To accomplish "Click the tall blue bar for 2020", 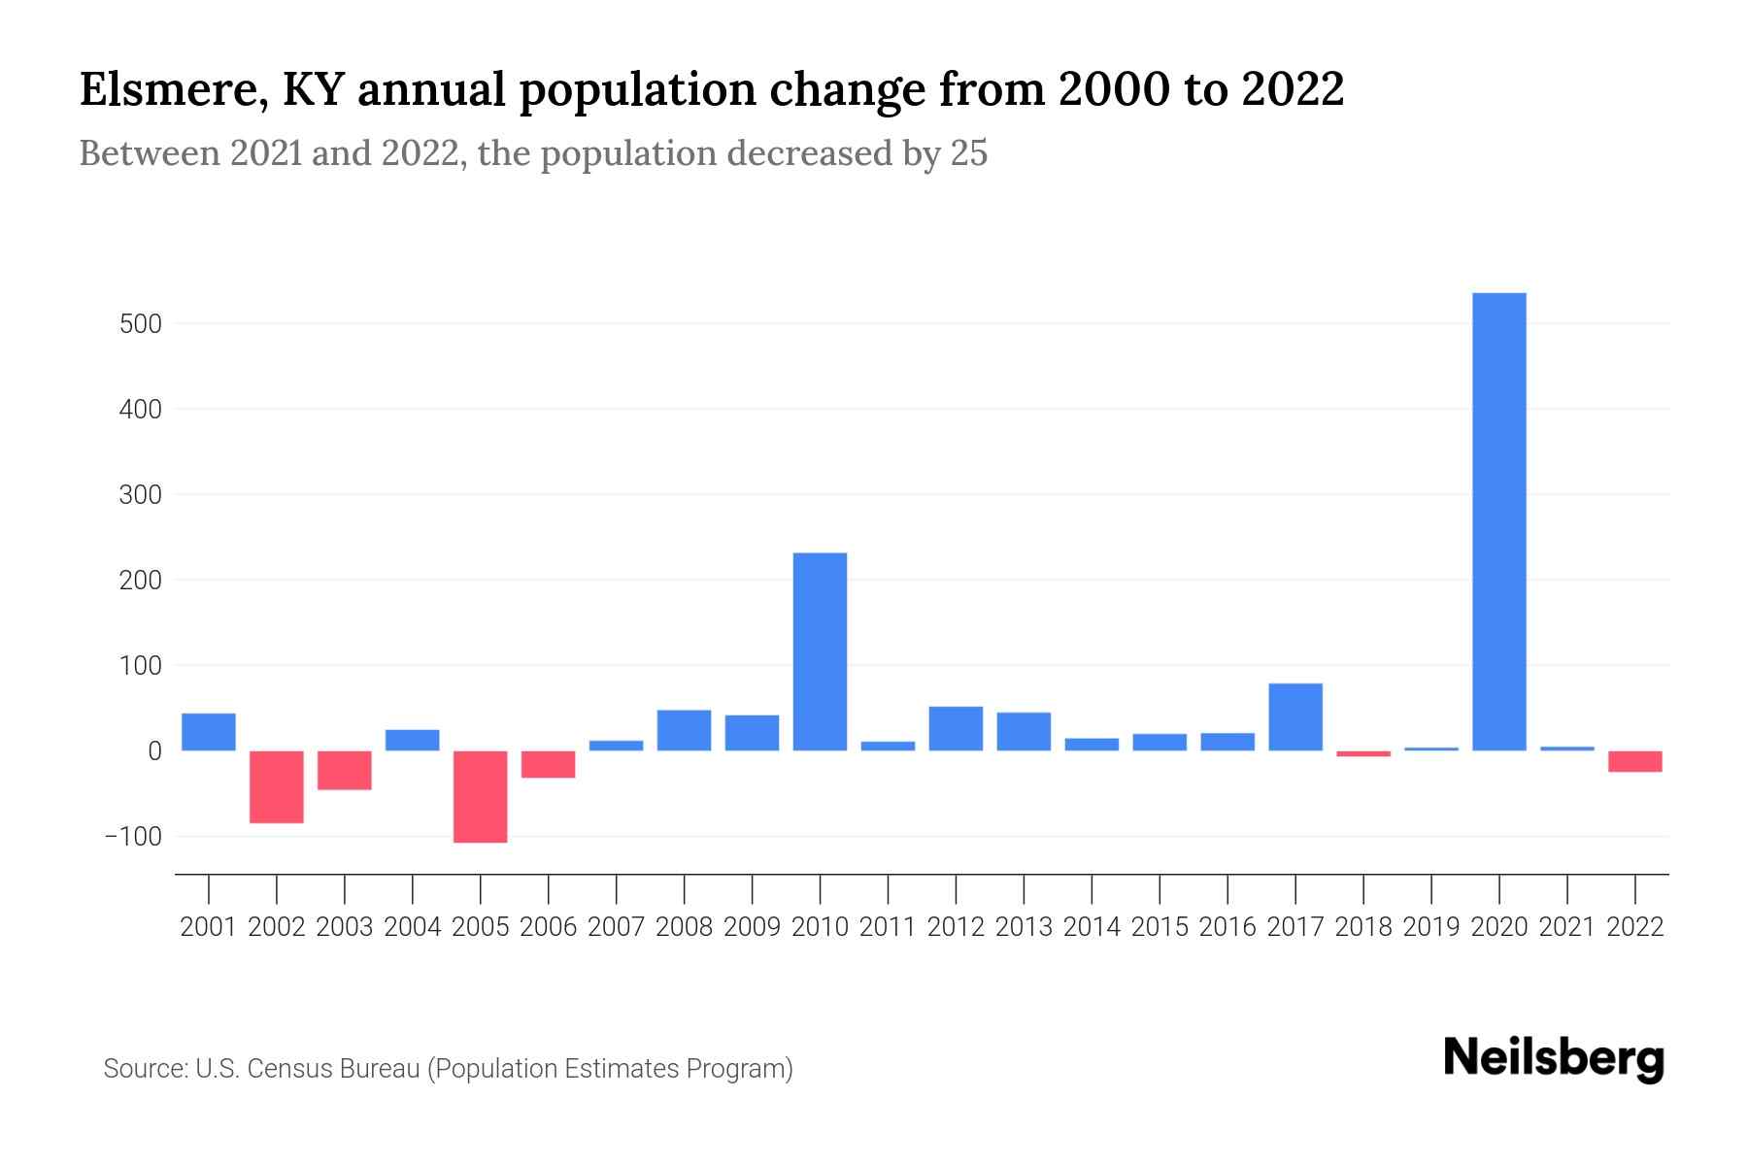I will click(x=1498, y=521).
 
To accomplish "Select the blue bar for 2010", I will click(x=820, y=651).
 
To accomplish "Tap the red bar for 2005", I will click(x=481, y=796).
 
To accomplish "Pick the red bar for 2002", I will click(x=277, y=786).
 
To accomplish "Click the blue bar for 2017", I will click(x=1295, y=716).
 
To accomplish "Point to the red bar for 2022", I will click(x=1634, y=761).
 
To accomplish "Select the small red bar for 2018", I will click(x=1363, y=753).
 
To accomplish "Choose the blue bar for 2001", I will click(x=209, y=732).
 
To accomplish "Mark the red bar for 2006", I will click(x=549, y=764).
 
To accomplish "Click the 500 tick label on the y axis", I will click(x=140, y=324).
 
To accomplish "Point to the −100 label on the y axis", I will click(x=133, y=837).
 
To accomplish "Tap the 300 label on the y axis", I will click(x=140, y=495).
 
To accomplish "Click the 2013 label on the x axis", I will click(x=1024, y=927).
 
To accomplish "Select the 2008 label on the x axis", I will click(x=684, y=927).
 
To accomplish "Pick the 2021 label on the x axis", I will click(x=1566, y=927).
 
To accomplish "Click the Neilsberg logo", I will click(x=1554, y=1058).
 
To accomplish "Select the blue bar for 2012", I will click(x=956, y=728).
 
